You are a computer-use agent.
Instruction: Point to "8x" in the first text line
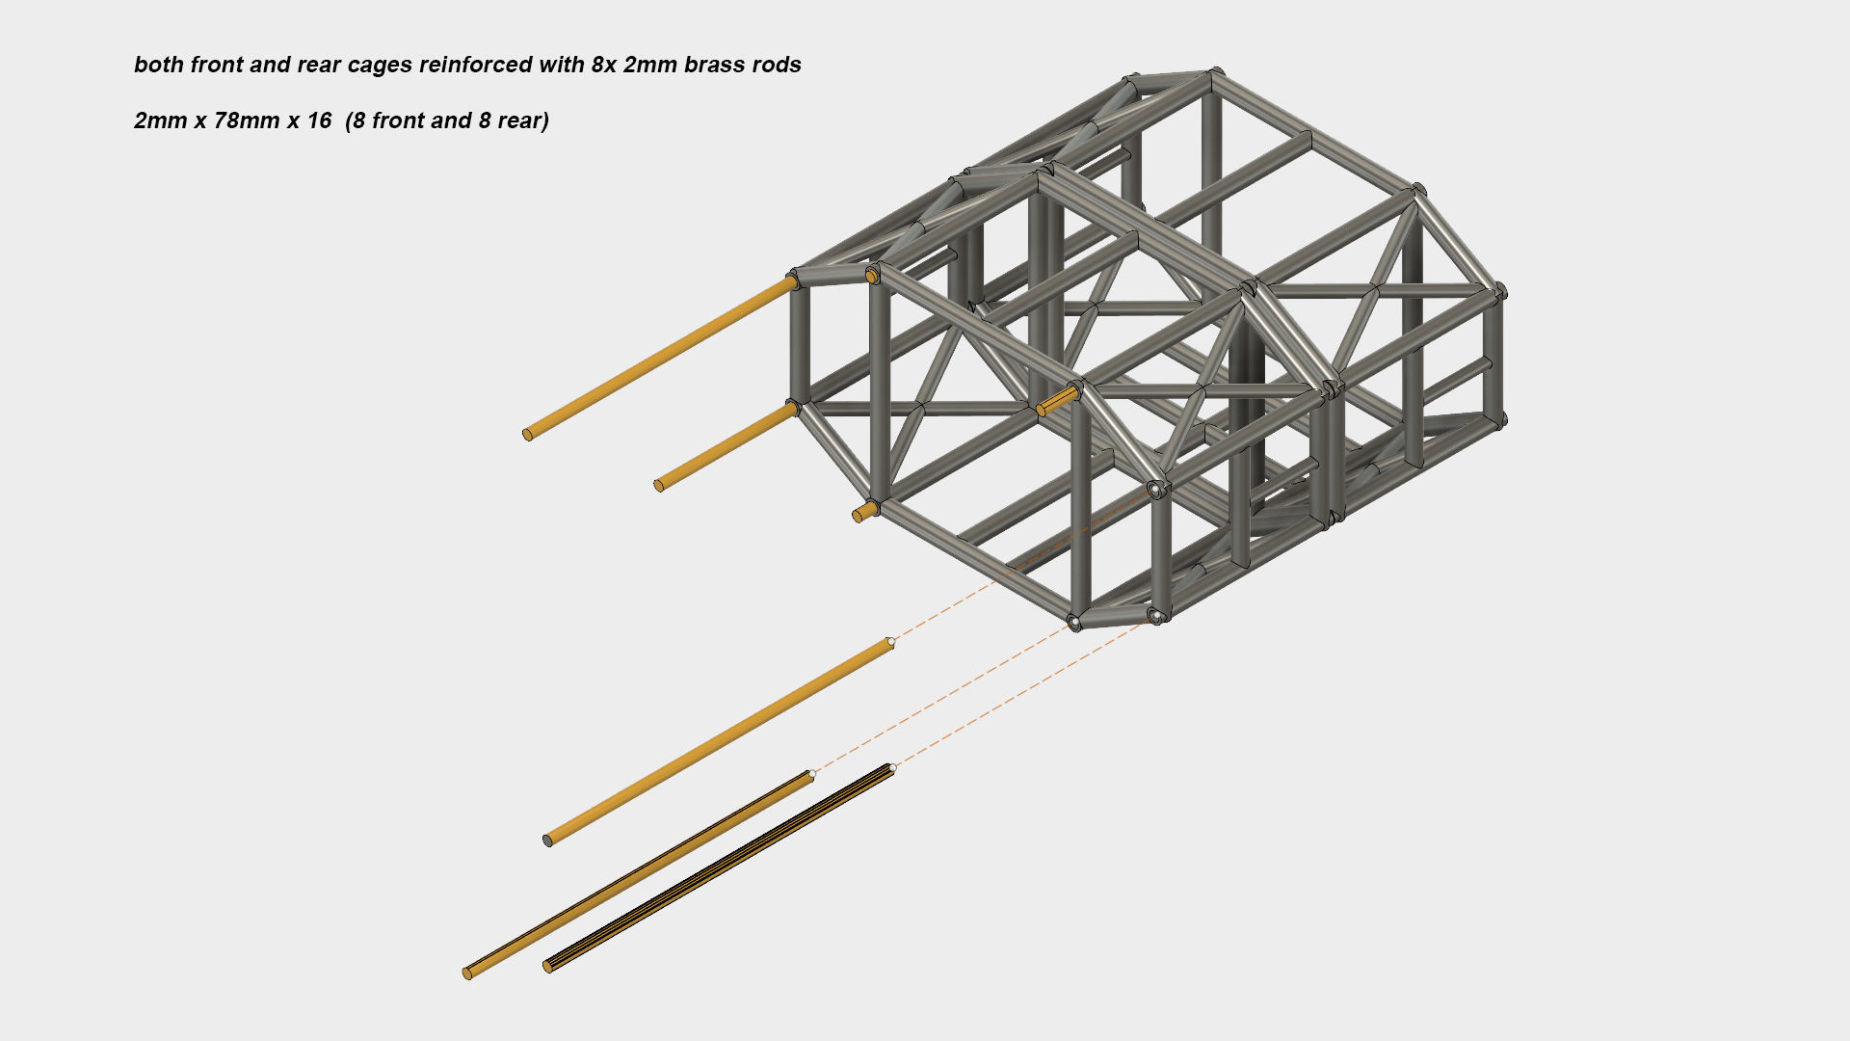(x=604, y=65)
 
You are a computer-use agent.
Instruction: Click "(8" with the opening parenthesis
(x=356, y=121)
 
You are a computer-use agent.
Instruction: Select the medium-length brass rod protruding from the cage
(x=727, y=447)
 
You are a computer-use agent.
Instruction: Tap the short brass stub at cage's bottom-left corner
(x=865, y=511)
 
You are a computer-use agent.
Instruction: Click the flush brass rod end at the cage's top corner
(x=871, y=277)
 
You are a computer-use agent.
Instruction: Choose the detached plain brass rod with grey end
(x=719, y=740)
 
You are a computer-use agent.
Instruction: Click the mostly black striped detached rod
(x=720, y=868)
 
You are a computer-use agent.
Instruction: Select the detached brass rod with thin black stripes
(x=639, y=874)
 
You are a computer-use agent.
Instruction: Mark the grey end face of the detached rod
(x=548, y=841)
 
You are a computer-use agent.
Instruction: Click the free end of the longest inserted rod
(x=527, y=435)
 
